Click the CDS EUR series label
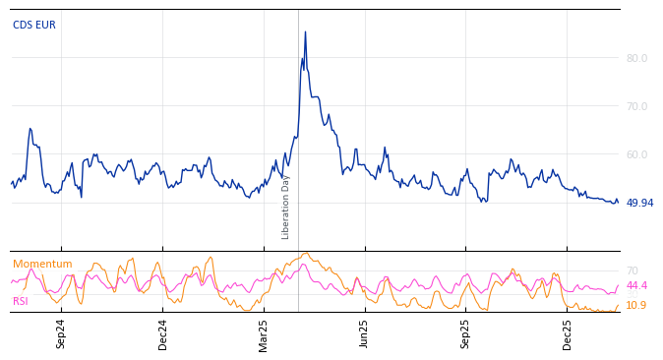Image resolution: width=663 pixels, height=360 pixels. tap(34, 26)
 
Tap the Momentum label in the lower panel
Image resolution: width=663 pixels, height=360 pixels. tap(42, 265)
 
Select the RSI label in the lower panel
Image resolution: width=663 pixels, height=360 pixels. tap(21, 302)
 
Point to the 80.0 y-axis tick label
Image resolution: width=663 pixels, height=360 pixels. tap(636, 59)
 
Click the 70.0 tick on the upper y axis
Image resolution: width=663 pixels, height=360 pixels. tap(636, 106)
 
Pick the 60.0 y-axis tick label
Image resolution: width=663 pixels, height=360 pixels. tap(636, 154)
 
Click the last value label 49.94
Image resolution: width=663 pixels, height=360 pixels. tap(639, 204)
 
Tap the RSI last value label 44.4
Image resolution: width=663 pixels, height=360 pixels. tap(636, 286)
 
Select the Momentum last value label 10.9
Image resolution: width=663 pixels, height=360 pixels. tap(636, 306)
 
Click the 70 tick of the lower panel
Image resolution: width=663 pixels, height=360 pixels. tap(633, 270)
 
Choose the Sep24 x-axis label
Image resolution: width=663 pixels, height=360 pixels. tap(61, 333)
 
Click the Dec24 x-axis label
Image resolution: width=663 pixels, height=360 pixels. tap(163, 333)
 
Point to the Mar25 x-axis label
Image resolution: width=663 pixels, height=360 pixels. tap(264, 333)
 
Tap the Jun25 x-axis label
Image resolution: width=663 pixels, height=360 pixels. tap(365, 333)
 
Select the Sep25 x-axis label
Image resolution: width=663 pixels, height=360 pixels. tap(466, 333)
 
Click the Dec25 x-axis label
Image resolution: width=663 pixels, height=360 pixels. tap(568, 333)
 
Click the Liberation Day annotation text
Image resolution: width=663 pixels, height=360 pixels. tap(286, 207)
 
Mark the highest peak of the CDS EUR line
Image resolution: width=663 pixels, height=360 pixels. tap(305, 31)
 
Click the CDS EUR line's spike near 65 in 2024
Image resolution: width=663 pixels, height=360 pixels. tap(30, 128)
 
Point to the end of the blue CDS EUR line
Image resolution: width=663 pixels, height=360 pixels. tap(618, 203)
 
